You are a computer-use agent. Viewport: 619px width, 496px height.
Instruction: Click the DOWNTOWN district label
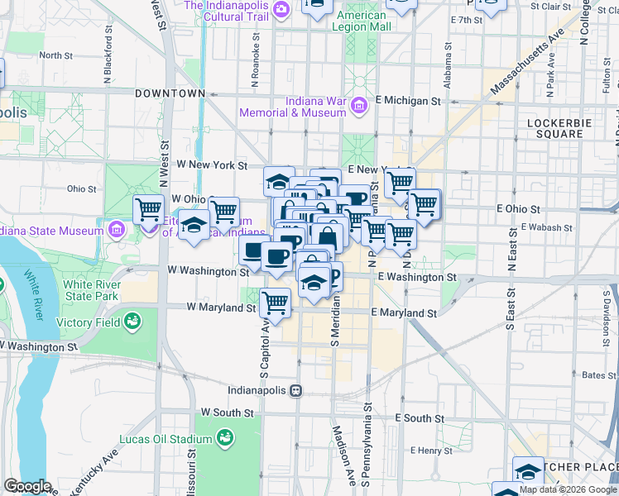pyautogui.click(x=170, y=93)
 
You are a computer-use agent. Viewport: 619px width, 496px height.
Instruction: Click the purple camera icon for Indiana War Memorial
pyautogui.click(x=358, y=106)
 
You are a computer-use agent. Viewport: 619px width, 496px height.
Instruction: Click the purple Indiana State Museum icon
pyautogui.click(x=117, y=228)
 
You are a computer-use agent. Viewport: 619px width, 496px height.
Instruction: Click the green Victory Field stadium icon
pyautogui.click(x=132, y=322)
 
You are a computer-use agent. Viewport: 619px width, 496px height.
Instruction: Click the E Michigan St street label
pyautogui.click(x=407, y=100)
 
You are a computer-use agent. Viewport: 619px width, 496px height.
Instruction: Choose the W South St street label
pyautogui.click(x=226, y=412)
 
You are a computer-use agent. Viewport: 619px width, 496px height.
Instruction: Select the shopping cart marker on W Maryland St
pyautogui.click(x=276, y=303)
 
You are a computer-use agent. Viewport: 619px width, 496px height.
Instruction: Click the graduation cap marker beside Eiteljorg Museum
pyautogui.click(x=194, y=225)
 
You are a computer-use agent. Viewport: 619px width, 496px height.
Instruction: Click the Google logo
pyautogui.click(x=27, y=486)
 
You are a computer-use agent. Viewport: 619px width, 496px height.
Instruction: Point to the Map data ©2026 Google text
pyautogui.click(x=567, y=489)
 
